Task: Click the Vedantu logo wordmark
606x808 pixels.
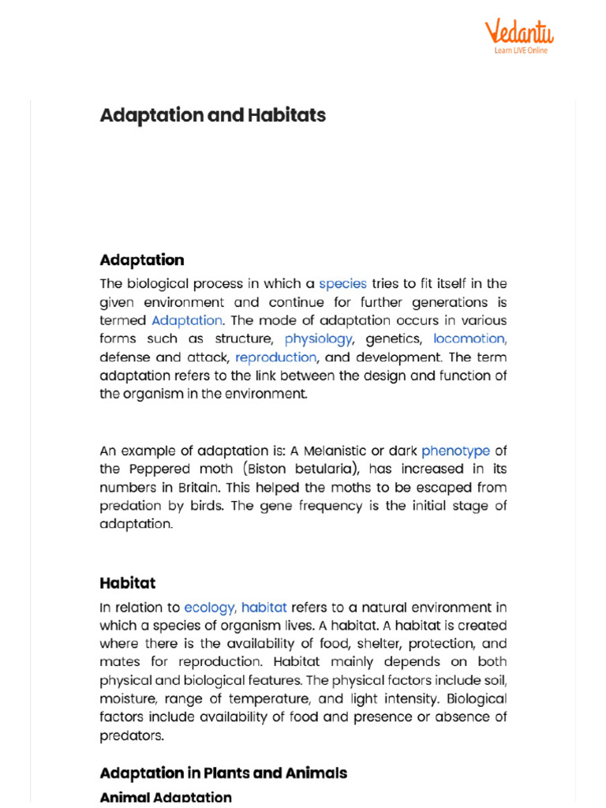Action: click(518, 32)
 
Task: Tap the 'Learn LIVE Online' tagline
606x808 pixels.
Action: click(521, 50)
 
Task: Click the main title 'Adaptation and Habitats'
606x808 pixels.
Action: click(212, 115)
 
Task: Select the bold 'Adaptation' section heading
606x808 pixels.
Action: click(142, 260)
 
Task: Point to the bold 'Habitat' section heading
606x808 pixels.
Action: click(128, 583)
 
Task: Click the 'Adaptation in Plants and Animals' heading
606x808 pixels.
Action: click(223, 772)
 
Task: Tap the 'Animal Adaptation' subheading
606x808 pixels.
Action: click(166, 798)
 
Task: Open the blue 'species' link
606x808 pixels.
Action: click(342, 283)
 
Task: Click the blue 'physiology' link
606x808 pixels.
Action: click(318, 339)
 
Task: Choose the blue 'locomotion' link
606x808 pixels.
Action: click(469, 339)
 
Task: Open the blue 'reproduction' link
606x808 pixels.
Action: click(275, 357)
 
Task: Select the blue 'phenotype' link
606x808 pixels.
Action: click(455, 451)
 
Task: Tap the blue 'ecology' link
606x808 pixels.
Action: click(209, 607)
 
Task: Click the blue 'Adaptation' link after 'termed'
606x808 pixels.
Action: click(187, 320)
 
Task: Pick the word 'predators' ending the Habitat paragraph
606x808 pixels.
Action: click(132, 735)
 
